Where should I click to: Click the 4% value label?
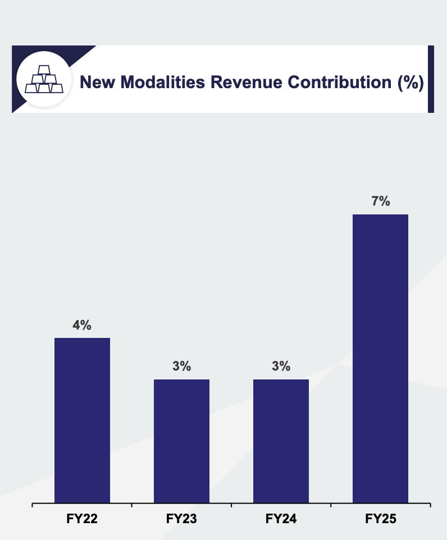[x=82, y=325]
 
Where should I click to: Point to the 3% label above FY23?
[x=181, y=367]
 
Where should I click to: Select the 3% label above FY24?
[x=281, y=367]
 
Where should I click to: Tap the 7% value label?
[x=380, y=202]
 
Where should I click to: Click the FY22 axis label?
[x=82, y=519]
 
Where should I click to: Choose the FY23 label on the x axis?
[x=181, y=519]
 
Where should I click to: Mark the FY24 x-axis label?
[x=281, y=519]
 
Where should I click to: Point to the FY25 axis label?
[x=380, y=519]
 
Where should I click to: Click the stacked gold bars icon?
[x=43, y=80]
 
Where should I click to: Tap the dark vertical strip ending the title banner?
[x=431, y=79]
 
